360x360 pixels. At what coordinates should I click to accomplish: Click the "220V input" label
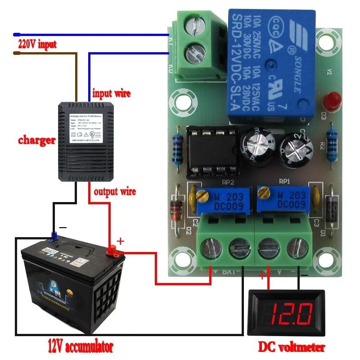pyautogui.click(x=38, y=45)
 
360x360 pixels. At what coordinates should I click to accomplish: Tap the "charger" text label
pyautogui.click(x=37, y=140)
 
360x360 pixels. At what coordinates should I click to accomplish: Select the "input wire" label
pyautogui.click(x=111, y=94)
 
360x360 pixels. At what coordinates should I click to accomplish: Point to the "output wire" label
pyautogui.click(x=114, y=192)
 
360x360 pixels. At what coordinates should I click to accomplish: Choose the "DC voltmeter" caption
pyautogui.click(x=291, y=347)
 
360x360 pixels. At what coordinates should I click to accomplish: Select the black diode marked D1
pyautogui.click(x=333, y=209)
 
